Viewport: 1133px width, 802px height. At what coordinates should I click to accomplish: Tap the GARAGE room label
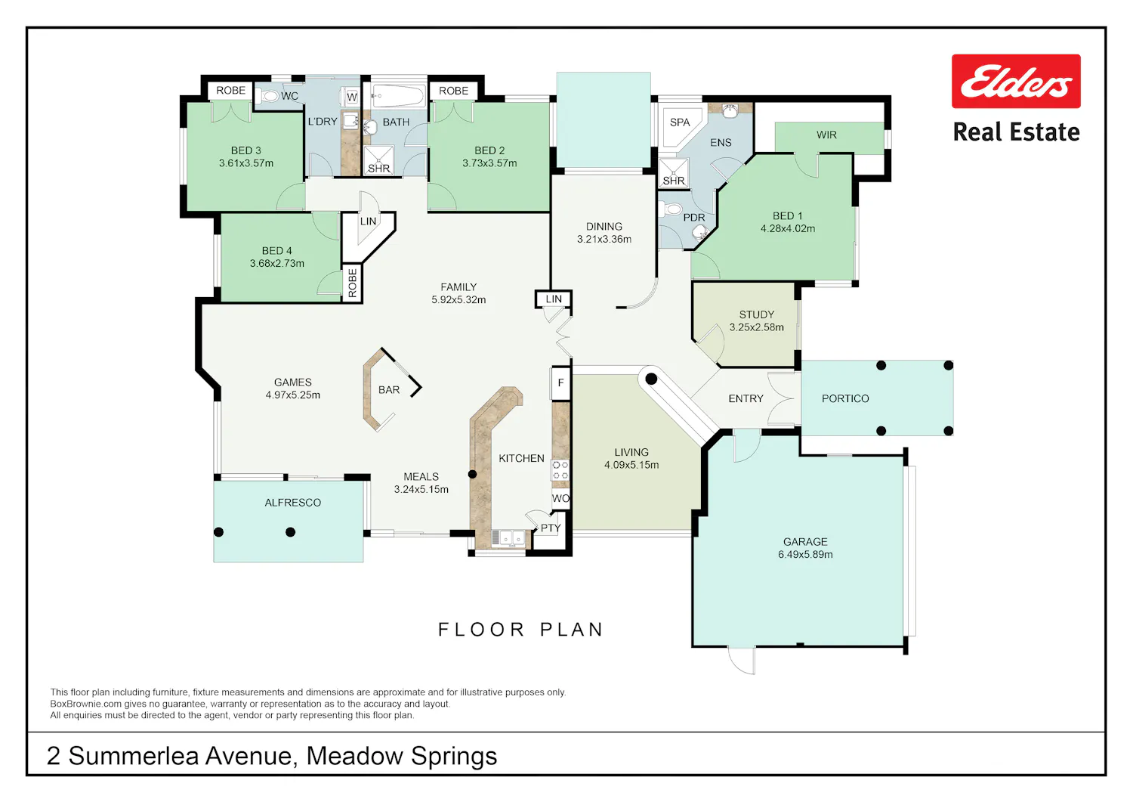pos(805,542)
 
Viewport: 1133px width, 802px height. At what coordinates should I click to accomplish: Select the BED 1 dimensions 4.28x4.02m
pos(788,228)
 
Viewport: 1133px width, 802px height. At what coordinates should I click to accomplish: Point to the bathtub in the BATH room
pos(398,96)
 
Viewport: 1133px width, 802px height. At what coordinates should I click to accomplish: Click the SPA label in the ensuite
pos(680,122)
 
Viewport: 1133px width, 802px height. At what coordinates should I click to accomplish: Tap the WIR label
pos(826,135)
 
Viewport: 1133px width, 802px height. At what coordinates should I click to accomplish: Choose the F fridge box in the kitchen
pos(560,383)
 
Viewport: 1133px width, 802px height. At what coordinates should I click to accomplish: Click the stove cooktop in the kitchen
pos(560,469)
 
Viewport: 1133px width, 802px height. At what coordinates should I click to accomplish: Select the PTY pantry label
pos(551,528)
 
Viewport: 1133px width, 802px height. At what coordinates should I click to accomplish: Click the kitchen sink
pos(508,538)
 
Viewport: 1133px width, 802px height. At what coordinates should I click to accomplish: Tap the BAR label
pos(389,390)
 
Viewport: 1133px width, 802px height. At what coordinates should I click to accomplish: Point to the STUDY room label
pos(756,314)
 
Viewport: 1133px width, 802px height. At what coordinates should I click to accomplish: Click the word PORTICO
pos(845,398)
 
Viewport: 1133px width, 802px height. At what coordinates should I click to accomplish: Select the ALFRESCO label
pos(293,502)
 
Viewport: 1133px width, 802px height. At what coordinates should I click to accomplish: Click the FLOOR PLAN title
pos(521,630)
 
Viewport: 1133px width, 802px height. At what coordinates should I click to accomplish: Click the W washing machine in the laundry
pos(351,96)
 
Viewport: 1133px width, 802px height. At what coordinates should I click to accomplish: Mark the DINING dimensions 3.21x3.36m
pos(604,239)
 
